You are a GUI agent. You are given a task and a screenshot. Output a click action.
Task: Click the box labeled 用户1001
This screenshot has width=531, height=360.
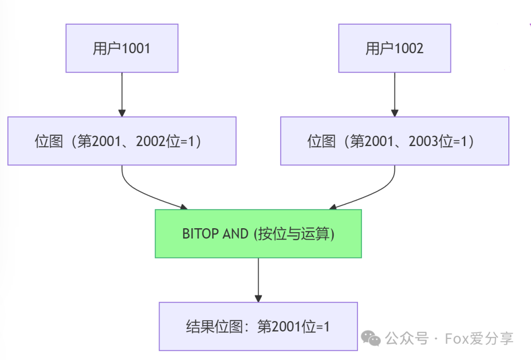pyautogui.click(x=122, y=48)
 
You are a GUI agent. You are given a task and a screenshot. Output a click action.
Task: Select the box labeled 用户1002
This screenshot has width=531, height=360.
pyautogui.click(x=394, y=48)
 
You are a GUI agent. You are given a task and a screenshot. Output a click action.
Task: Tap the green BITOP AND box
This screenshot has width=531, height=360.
pyautogui.click(x=259, y=234)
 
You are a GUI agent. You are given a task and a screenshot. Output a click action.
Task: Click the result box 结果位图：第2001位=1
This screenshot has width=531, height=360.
pyautogui.click(x=259, y=327)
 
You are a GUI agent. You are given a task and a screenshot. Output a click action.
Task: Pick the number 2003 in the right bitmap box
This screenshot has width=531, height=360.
pyautogui.click(x=423, y=141)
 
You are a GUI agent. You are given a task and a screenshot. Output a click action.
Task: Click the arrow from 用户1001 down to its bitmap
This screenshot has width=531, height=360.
pyautogui.click(x=122, y=94)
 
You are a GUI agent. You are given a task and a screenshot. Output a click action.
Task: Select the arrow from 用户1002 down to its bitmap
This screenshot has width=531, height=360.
pyautogui.click(x=394, y=94)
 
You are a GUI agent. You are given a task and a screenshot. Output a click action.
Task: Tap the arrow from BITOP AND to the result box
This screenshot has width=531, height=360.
pyautogui.click(x=259, y=280)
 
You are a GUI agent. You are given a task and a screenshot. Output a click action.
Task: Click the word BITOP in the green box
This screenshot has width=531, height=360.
pyautogui.click(x=200, y=234)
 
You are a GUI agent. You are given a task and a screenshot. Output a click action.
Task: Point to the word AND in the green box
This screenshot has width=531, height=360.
pyautogui.click(x=236, y=234)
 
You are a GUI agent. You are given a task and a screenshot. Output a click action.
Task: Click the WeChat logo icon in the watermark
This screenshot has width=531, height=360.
pyautogui.click(x=371, y=338)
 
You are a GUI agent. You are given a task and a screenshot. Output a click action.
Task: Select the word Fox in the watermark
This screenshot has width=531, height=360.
pyautogui.click(x=457, y=338)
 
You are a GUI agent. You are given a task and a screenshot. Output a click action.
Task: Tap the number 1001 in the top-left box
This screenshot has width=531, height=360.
pyautogui.click(x=136, y=48)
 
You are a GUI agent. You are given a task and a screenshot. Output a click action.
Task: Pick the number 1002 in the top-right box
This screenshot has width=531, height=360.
pyautogui.click(x=409, y=48)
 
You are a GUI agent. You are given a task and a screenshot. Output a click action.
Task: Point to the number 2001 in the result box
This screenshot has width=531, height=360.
pyautogui.click(x=286, y=327)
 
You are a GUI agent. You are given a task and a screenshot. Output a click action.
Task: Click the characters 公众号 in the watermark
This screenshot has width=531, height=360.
pyautogui.click(x=407, y=338)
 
